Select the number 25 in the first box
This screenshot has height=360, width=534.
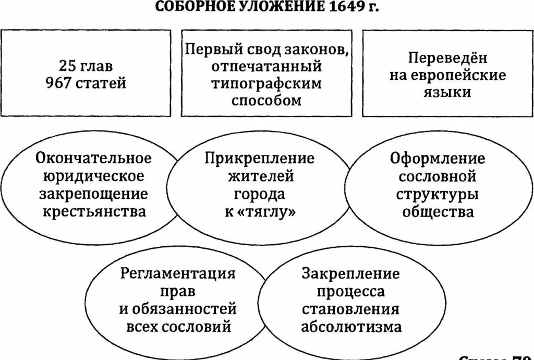click(x=68, y=66)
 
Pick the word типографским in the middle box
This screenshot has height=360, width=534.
click(x=266, y=83)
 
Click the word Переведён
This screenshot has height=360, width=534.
click(x=448, y=58)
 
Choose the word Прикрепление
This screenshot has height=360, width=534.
click(x=259, y=158)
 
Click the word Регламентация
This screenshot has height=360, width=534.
click(x=178, y=273)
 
